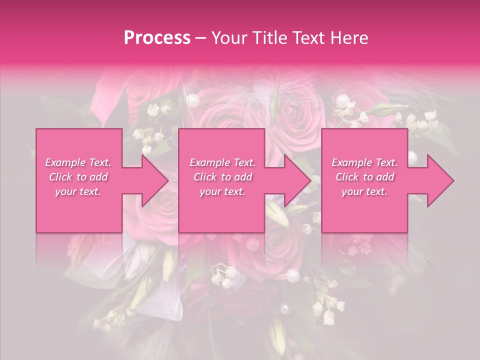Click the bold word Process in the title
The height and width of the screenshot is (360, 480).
point(157,38)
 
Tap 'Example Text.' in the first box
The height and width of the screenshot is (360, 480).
point(78,162)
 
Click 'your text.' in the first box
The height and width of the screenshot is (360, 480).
point(78,192)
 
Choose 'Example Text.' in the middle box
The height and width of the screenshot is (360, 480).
point(222,162)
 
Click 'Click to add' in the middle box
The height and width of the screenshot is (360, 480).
point(222,177)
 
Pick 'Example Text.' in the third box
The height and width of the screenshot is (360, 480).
point(364,162)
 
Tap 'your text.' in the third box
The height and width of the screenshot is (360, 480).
point(364,192)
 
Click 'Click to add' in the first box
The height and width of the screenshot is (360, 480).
point(78,177)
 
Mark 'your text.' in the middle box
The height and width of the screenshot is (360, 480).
point(222,192)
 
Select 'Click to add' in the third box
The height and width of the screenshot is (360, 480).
point(364,177)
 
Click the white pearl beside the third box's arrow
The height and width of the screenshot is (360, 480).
point(412,157)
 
